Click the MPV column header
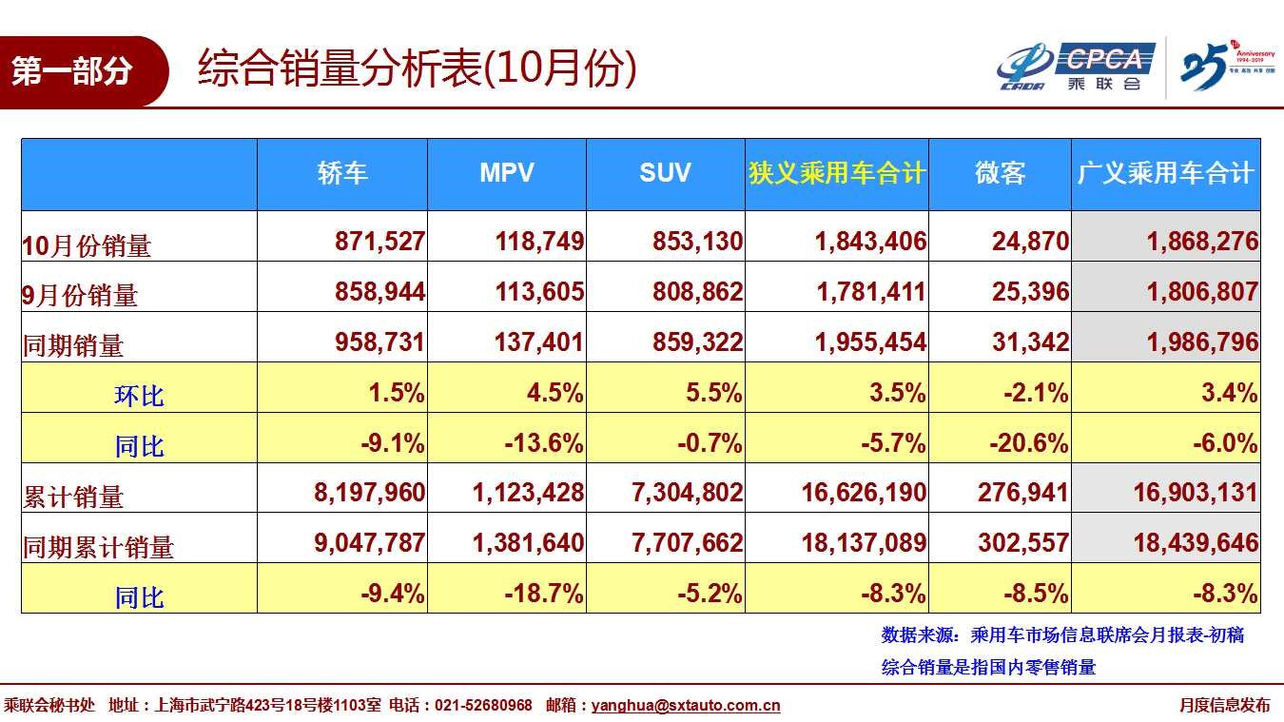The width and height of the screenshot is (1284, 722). pyautogui.click(x=506, y=173)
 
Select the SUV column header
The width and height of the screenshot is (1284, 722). pyautogui.click(x=665, y=173)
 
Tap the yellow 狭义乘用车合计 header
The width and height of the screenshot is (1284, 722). pyautogui.click(x=836, y=174)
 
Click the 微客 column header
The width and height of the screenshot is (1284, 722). pyautogui.click(x=1000, y=174)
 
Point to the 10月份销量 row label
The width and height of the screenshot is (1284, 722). pyautogui.click(x=87, y=245)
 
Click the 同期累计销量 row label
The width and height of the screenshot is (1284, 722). pyautogui.click(x=98, y=547)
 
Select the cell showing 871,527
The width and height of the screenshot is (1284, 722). pyautogui.click(x=379, y=242)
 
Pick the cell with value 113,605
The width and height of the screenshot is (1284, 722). pyautogui.click(x=539, y=292)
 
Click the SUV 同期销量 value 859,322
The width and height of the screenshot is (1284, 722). pyautogui.click(x=697, y=342)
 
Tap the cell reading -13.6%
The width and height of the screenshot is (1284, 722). pyautogui.click(x=543, y=443)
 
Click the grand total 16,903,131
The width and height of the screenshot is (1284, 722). pyautogui.click(x=1196, y=493)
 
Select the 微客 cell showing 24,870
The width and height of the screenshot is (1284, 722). pyautogui.click(x=1030, y=242)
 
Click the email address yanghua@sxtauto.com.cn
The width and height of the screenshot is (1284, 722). pyautogui.click(x=686, y=706)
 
